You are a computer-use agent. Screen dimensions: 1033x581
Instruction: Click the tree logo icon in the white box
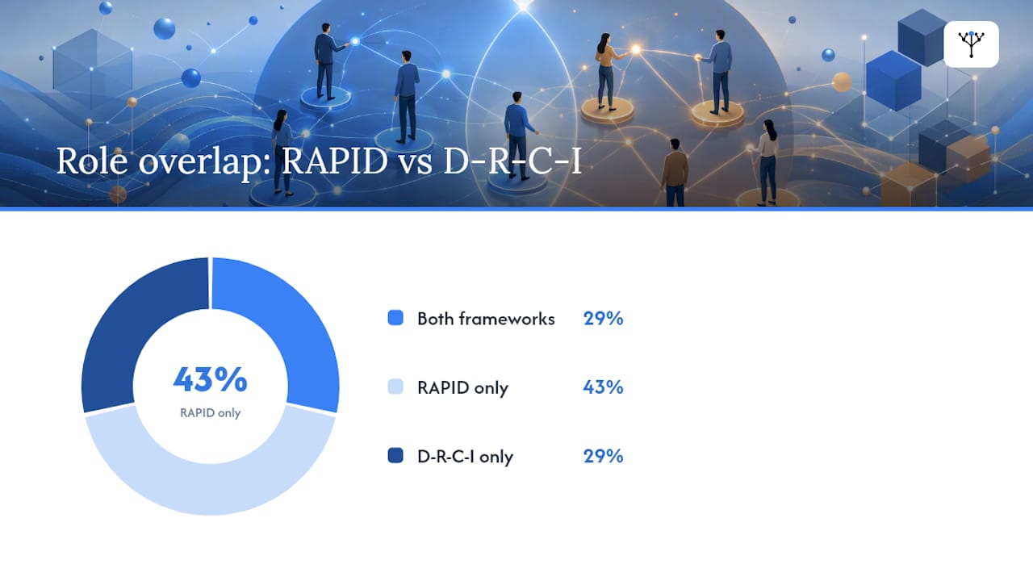pos(971,44)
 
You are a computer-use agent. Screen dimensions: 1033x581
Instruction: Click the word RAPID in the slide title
pos(335,161)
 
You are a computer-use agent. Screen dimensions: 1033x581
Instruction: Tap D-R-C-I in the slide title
pos(512,161)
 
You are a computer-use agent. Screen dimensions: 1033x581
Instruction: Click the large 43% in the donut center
pos(211,379)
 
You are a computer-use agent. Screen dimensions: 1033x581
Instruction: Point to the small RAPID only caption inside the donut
pos(211,412)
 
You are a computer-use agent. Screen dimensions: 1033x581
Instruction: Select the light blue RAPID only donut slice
pos(211,479)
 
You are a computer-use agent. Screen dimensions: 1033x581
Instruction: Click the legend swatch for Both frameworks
pos(395,318)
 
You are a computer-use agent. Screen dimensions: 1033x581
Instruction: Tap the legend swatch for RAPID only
pos(395,387)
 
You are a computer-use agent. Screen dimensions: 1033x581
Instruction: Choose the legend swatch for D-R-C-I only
pos(395,456)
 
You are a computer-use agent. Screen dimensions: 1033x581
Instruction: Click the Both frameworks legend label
pos(486,319)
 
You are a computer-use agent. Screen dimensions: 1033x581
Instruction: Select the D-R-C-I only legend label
pos(465,457)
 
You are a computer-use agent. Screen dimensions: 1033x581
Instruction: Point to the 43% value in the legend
pos(603,387)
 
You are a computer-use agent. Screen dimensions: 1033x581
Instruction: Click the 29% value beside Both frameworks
pos(603,319)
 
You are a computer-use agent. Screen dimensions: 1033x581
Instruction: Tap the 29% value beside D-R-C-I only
pos(603,456)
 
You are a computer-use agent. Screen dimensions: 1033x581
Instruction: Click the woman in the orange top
pos(608,72)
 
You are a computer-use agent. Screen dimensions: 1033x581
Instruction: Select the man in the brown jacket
pos(675,173)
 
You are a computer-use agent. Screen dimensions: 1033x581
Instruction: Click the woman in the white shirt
pos(767,162)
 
